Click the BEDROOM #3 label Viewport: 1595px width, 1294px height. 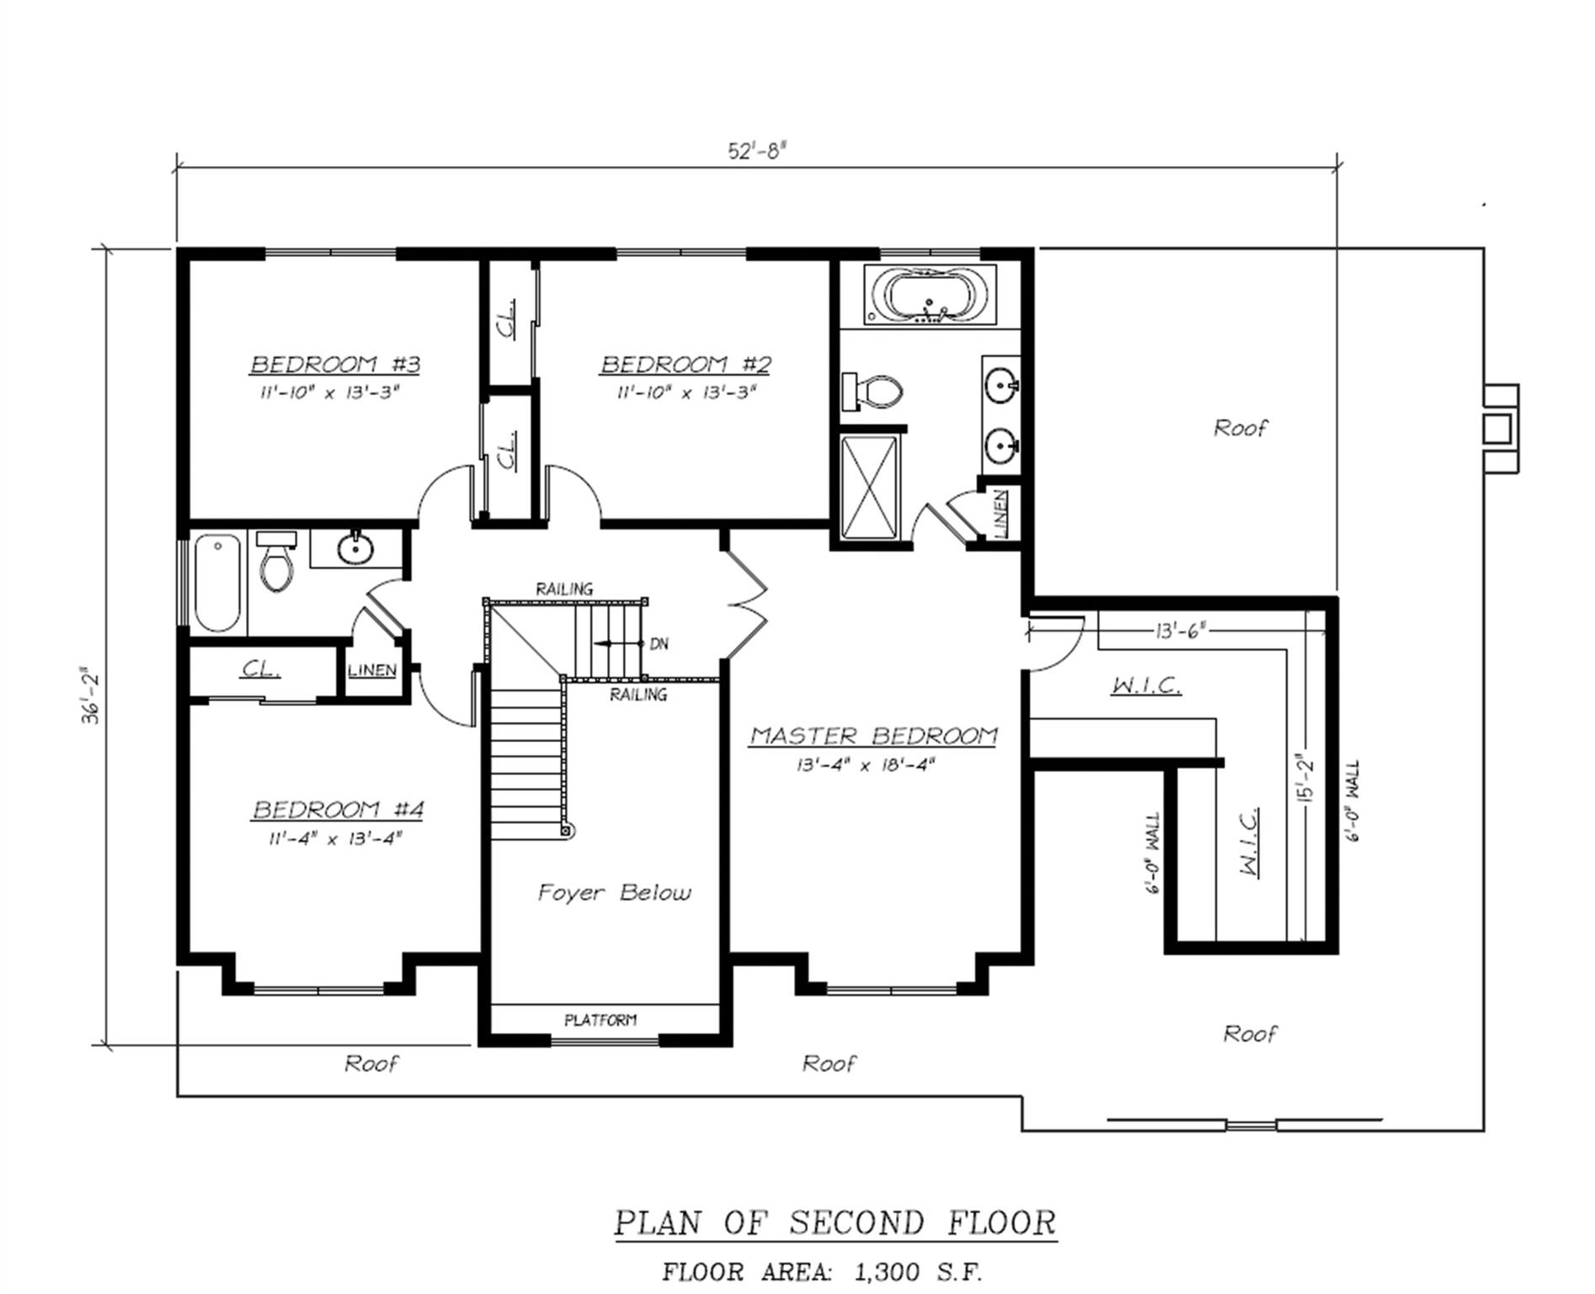[x=335, y=365]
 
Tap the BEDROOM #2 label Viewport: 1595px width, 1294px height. [x=685, y=365]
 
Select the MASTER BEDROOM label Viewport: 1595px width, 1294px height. [x=873, y=735]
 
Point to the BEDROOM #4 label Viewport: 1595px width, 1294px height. [x=338, y=810]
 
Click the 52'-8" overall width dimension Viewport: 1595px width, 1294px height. [x=756, y=151]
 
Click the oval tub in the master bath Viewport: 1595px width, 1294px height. [x=931, y=296]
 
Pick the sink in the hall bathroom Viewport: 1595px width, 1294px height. [x=355, y=549]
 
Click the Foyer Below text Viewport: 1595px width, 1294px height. [x=614, y=892]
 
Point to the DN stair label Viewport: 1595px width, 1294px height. [x=659, y=644]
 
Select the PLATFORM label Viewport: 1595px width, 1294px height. [x=600, y=1020]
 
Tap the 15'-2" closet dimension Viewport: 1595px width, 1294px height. [x=1304, y=778]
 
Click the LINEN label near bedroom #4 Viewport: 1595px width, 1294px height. [x=372, y=671]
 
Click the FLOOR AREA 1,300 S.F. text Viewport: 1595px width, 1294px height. [x=822, y=1271]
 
